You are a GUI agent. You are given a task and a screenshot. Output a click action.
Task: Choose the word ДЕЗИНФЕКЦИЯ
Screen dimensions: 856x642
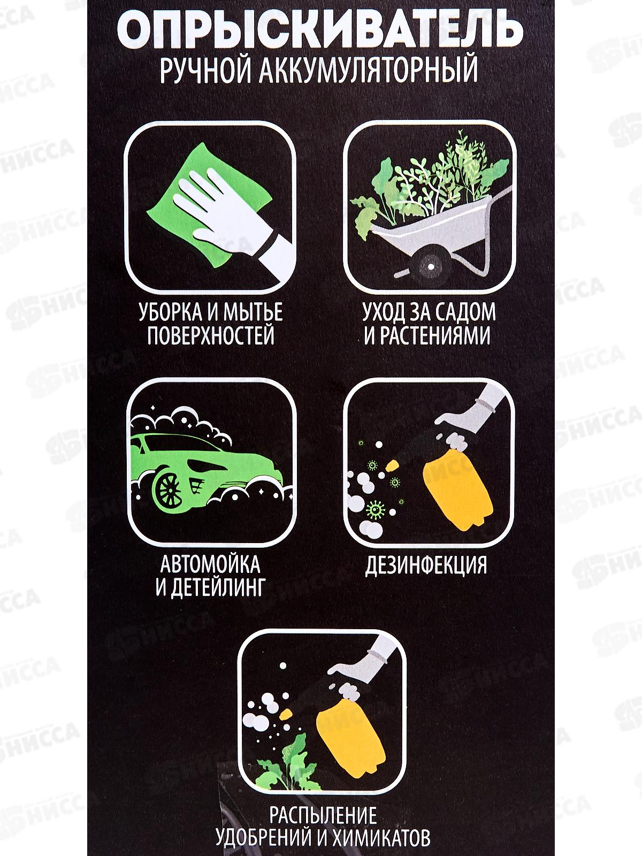coord(426,565)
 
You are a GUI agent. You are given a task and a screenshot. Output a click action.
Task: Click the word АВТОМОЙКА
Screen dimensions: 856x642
coord(210,564)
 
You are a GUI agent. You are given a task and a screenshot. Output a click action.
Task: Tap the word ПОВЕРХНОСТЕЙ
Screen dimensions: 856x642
coord(210,336)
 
